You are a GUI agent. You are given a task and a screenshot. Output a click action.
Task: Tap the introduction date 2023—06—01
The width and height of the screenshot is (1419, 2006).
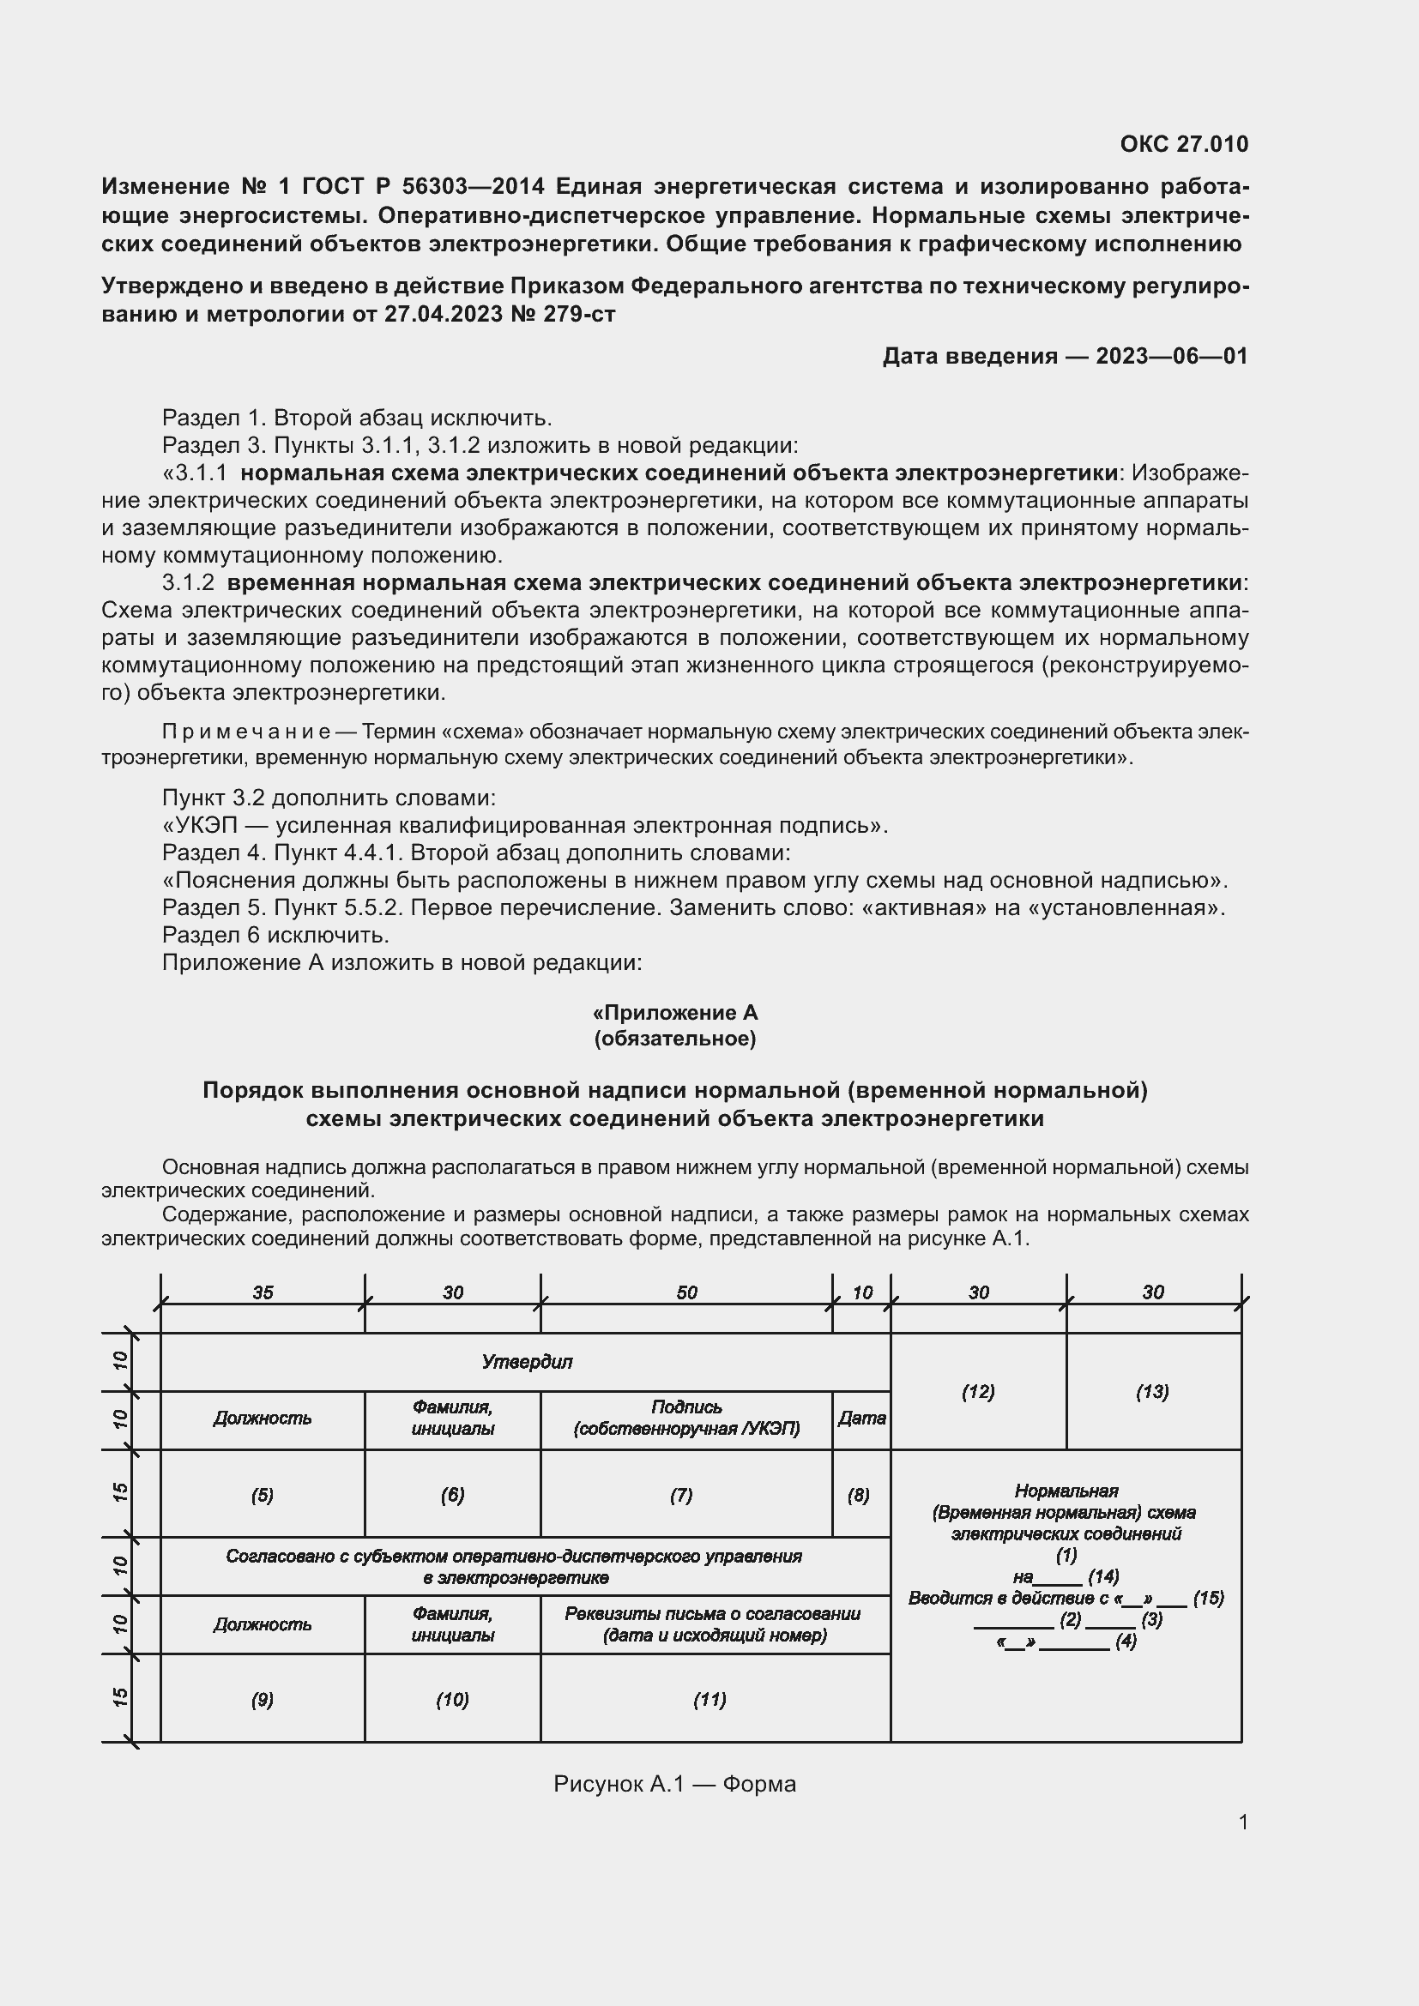(1171, 356)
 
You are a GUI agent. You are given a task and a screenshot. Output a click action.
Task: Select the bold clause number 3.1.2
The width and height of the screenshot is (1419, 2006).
(188, 581)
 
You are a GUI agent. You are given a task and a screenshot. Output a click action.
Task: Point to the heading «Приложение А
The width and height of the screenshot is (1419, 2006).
(674, 1013)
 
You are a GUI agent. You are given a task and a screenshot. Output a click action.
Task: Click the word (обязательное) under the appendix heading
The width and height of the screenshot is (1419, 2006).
(674, 1038)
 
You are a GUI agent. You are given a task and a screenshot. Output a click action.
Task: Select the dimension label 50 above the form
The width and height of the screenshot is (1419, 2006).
(686, 1292)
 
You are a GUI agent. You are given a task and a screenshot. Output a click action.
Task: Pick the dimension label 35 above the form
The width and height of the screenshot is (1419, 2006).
(263, 1292)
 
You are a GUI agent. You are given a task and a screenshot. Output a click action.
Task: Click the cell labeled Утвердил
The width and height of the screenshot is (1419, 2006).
(526, 1361)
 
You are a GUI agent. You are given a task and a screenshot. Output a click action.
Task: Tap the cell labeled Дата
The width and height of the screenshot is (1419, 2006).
(861, 1418)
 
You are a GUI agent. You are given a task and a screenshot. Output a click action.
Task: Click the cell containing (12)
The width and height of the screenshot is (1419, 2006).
(978, 1391)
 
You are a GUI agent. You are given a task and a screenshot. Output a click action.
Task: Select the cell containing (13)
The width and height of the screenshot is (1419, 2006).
(1152, 1391)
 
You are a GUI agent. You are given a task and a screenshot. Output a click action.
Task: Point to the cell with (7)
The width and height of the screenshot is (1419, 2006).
(681, 1495)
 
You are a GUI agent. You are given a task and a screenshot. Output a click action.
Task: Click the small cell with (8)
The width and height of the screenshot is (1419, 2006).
(858, 1495)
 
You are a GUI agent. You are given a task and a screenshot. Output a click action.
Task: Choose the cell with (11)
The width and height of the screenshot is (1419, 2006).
(709, 1699)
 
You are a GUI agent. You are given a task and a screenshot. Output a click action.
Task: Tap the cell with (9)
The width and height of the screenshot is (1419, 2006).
(263, 1699)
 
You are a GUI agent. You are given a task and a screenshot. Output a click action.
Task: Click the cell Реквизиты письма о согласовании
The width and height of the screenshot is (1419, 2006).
(714, 1624)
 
